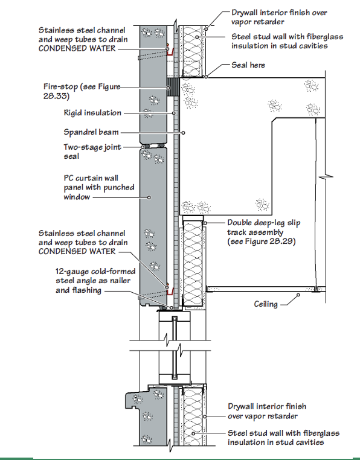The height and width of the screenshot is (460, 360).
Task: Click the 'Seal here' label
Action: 248,65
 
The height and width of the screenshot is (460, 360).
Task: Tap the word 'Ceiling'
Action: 266,304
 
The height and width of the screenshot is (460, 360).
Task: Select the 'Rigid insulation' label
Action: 92,113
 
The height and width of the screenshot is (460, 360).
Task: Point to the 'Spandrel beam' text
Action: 91,132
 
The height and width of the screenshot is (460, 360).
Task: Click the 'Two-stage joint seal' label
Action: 92,152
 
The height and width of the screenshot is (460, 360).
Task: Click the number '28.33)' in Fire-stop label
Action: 56,96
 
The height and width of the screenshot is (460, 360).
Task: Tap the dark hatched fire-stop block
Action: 173,88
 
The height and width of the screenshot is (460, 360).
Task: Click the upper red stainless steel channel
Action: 170,52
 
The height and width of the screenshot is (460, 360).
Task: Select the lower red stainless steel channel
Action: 170,292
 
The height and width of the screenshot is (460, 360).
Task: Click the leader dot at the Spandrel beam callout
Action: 183,133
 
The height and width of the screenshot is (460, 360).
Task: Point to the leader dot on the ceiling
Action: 298,295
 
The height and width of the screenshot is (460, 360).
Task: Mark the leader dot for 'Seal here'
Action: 206,77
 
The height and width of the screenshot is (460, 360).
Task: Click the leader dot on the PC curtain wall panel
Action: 149,197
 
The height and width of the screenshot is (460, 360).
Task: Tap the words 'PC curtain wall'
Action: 91,178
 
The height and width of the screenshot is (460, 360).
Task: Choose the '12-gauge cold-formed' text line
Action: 95,272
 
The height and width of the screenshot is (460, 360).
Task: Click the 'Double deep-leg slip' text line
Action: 264,223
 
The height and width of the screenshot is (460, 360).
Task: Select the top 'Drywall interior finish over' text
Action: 279,13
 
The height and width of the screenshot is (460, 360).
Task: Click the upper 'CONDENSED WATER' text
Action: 77,48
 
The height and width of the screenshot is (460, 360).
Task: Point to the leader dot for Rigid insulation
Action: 174,113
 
